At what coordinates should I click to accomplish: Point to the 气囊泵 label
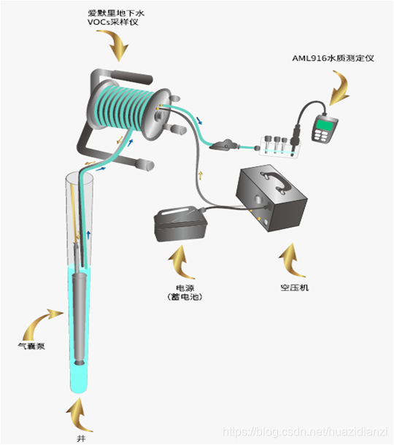coord(33,347)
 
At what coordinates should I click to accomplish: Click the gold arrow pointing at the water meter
coord(339,90)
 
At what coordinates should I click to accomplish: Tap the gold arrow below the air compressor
coord(290,258)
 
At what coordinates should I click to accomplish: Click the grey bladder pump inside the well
coord(80,321)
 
